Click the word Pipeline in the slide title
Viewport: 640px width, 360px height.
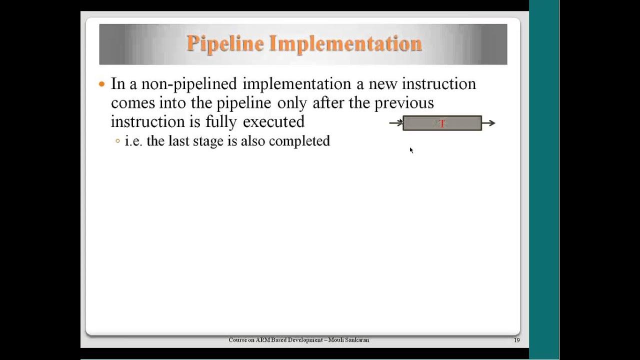click(x=225, y=44)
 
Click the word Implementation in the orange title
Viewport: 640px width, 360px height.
click(x=345, y=44)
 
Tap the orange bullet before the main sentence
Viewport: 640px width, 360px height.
click(x=102, y=84)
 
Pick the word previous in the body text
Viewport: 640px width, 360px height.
click(x=404, y=103)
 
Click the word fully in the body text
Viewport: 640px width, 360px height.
click(x=221, y=122)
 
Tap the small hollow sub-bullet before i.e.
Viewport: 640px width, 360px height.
click(x=117, y=141)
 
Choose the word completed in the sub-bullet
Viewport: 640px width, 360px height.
click(x=299, y=141)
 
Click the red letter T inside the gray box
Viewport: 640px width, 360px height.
click(x=442, y=123)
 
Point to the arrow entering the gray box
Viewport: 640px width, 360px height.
click(x=396, y=123)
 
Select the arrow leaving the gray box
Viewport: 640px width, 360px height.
click(x=488, y=123)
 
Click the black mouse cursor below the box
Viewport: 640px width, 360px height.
click(x=411, y=150)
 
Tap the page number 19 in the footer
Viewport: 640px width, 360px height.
click(x=516, y=340)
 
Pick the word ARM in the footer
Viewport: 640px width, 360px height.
click(x=262, y=340)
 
